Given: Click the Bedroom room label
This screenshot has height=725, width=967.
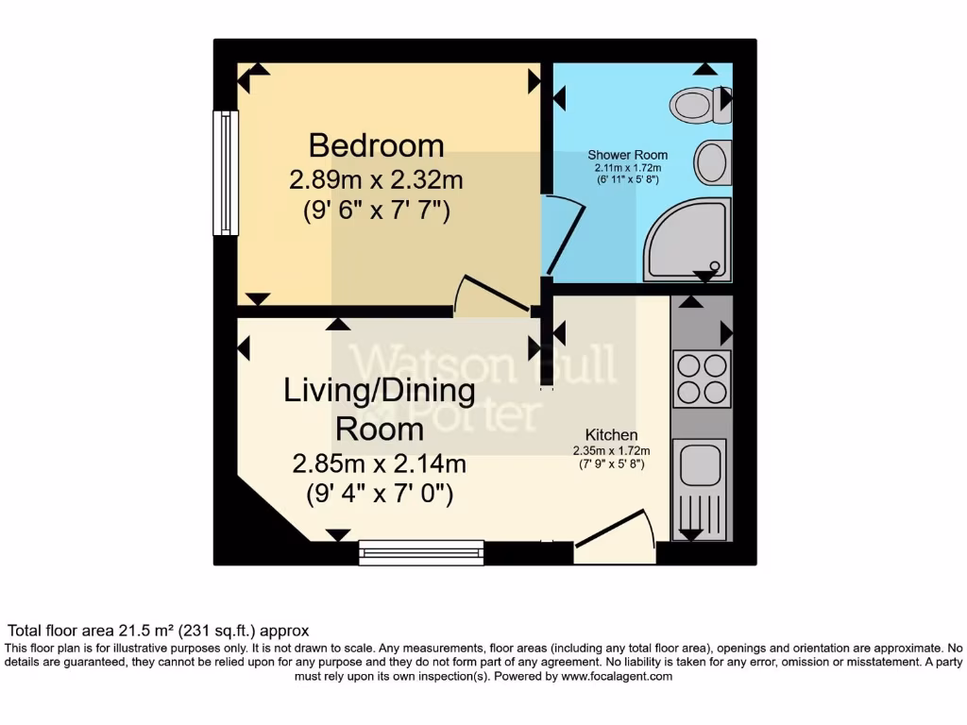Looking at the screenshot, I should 376,145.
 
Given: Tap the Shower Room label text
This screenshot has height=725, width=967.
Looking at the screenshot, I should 627,155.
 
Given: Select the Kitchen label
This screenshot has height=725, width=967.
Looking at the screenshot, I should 611,435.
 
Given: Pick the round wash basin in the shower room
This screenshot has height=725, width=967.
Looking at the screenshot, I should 713,162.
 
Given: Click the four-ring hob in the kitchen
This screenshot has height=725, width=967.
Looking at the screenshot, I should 702,379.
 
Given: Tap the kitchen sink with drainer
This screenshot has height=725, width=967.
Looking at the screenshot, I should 699,486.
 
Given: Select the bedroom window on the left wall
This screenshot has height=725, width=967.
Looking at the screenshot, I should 226,173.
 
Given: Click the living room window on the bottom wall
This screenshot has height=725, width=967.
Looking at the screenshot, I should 421,552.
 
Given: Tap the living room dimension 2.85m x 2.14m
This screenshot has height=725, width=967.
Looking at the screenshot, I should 380,464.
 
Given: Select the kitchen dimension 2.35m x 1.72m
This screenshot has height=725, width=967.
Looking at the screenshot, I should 610,450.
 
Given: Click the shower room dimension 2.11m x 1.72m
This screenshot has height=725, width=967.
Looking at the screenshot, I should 627,167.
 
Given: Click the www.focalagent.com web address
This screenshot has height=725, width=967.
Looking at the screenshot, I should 617,676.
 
